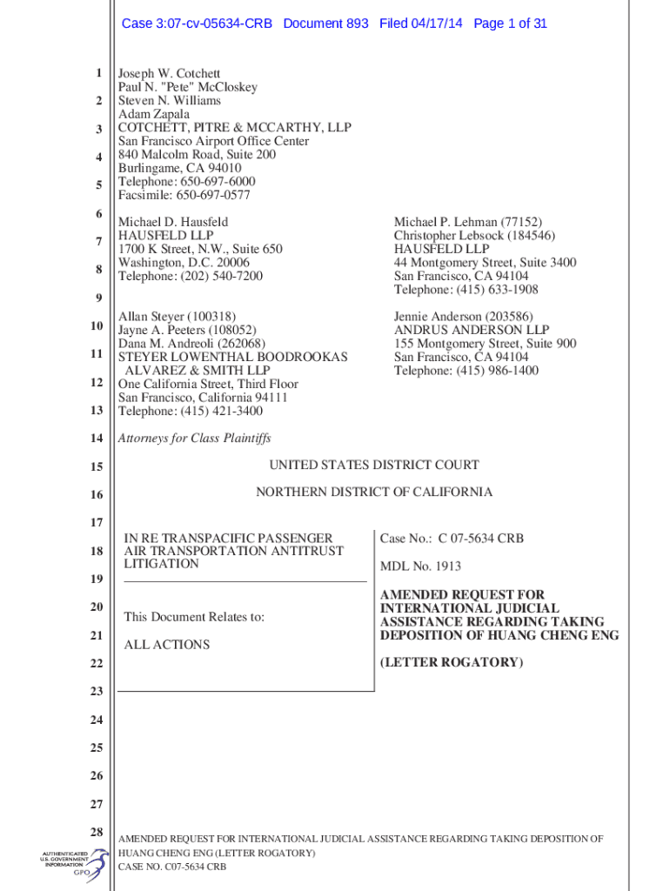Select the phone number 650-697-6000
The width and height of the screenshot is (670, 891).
tap(218, 182)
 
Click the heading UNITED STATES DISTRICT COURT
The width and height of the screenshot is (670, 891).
tap(373, 466)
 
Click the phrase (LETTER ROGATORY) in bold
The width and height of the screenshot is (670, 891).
tap(452, 663)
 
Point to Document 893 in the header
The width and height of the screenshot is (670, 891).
tap(325, 23)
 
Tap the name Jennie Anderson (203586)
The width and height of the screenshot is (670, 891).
tap(463, 317)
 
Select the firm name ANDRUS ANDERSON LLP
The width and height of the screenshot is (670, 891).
tap(471, 331)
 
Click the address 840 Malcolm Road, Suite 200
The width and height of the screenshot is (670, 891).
tap(197, 155)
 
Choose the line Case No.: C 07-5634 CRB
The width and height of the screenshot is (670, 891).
tap(452, 539)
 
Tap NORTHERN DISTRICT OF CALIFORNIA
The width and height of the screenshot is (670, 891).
tap(373, 492)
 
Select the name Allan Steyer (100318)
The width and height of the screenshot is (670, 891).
tap(177, 317)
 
